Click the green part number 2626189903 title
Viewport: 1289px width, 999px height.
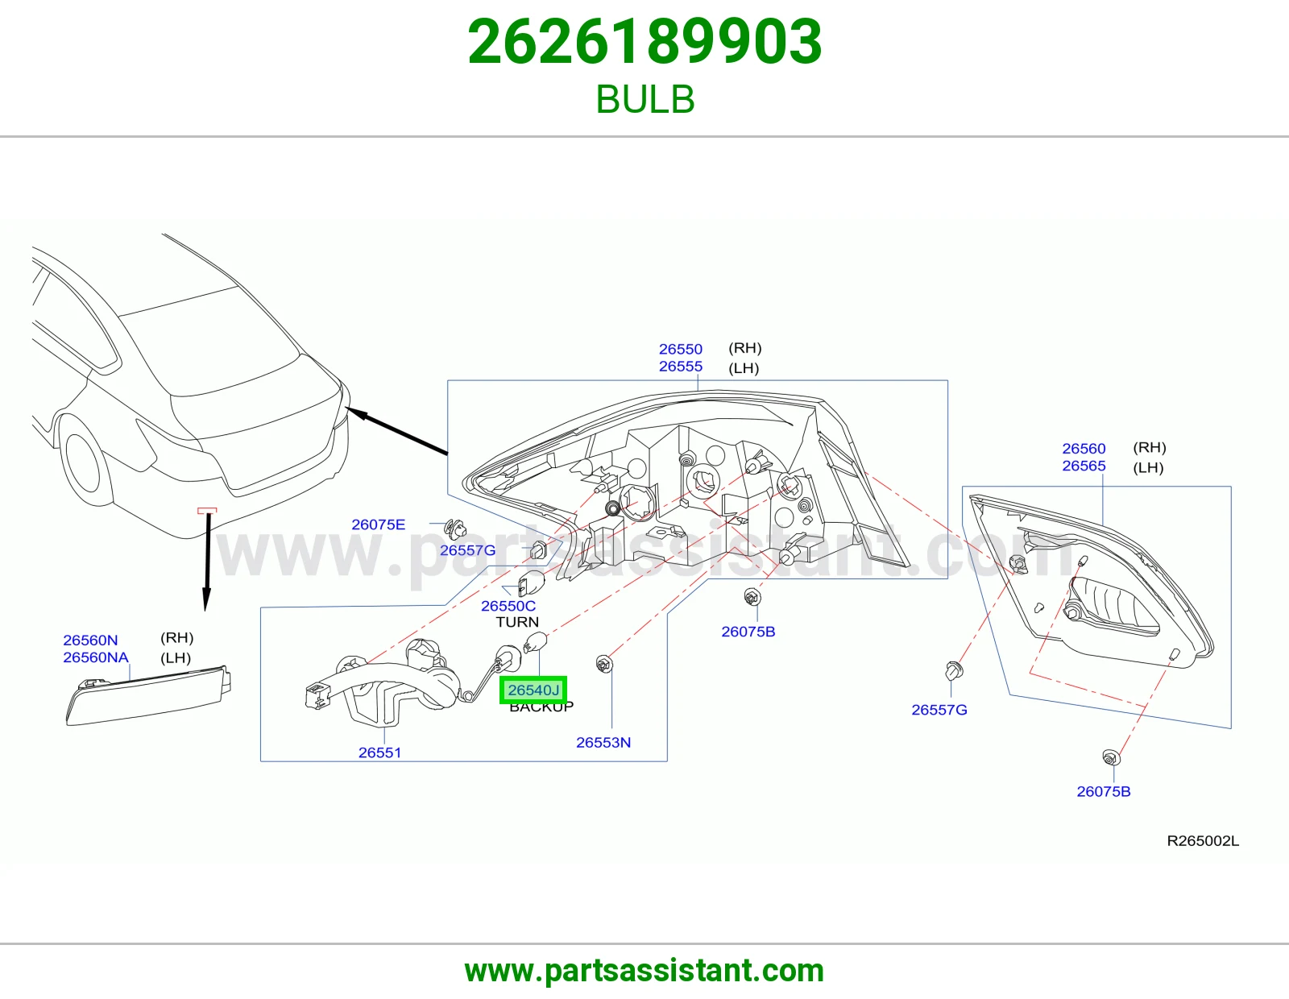pyautogui.click(x=644, y=42)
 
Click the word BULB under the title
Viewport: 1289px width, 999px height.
pyautogui.click(x=644, y=99)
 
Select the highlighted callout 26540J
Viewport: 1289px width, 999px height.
pyautogui.click(x=533, y=690)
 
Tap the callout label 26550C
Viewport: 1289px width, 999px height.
pyautogui.click(x=508, y=606)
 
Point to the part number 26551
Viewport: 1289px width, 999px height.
pyautogui.click(x=379, y=752)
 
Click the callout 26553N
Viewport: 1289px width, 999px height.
pyautogui.click(x=603, y=742)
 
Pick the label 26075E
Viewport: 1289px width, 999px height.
pyautogui.click(x=378, y=524)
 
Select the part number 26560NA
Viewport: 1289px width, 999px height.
pyautogui.click(x=96, y=657)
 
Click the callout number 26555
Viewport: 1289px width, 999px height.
pyautogui.click(x=681, y=366)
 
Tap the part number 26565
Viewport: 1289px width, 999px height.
pyautogui.click(x=1084, y=466)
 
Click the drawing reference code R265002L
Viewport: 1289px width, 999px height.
pyautogui.click(x=1202, y=840)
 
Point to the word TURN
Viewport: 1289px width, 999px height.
pyautogui.click(x=517, y=622)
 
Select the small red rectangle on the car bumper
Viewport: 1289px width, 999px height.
pyautogui.click(x=207, y=510)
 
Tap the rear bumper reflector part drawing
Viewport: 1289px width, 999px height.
pyautogui.click(x=148, y=695)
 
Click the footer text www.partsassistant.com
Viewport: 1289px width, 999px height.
pyautogui.click(x=644, y=971)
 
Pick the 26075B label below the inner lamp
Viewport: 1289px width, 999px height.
pyautogui.click(x=1104, y=791)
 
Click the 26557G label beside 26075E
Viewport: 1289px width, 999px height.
pyautogui.click(x=467, y=550)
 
